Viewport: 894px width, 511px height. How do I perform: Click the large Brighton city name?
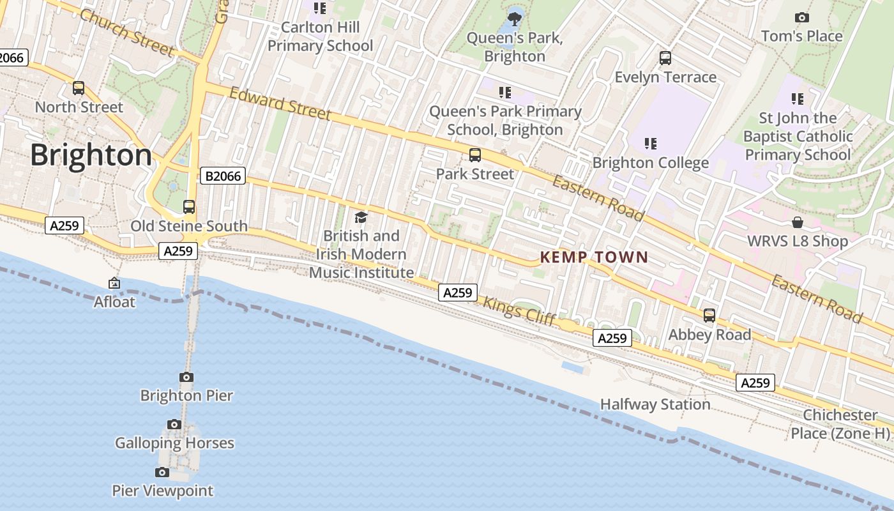click(91, 155)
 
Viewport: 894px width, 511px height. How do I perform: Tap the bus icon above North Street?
click(79, 88)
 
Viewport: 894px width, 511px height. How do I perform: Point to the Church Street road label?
click(127, 32)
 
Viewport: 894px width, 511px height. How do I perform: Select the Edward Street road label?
click(280, 103)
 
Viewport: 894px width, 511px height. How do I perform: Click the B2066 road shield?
click(223, 176)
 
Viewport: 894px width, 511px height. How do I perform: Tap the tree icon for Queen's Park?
click(514, 19)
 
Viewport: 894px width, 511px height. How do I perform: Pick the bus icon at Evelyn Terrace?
click(665, 58)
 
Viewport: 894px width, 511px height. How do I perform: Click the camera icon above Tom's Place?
click(802, 17)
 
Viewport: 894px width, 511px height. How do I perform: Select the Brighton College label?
click(651, 163)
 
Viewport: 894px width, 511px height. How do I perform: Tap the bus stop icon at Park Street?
click(475, 155)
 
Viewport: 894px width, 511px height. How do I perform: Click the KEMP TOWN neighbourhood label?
click(594, 257)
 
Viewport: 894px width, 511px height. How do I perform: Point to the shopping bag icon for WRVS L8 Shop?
click(798, 222)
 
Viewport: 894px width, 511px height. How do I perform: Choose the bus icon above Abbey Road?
click(709, 315)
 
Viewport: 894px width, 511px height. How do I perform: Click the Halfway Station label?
click(655, 404)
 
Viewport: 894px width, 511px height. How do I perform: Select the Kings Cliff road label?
click(519, 311)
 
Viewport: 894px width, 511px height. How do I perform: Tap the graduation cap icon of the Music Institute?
click(361, 217)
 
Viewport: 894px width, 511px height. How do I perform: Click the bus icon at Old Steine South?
click(189, 206)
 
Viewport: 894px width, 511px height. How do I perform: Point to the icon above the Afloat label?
click(114, 282)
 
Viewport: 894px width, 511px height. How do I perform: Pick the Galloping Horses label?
click(174, 443)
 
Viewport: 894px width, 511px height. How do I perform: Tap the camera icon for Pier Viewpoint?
click(162, 472)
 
